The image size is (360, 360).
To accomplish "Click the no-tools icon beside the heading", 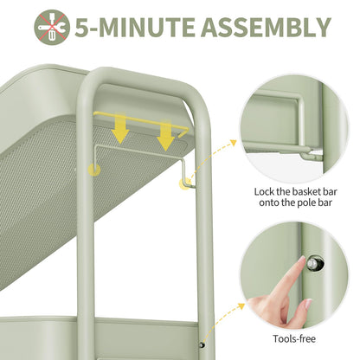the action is pos(52,28).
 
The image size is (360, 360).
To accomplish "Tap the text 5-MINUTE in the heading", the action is pos(135,28).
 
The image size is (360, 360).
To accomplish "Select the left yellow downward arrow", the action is pos(120,128).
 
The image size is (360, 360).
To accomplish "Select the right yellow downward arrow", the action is pos(165,134).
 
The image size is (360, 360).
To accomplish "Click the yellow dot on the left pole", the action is pos(94,170).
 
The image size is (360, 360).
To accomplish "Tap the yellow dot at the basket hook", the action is pos(184,183).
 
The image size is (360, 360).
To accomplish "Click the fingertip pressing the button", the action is pos(302,260).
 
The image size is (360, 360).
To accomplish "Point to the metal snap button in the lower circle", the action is pos(312,263).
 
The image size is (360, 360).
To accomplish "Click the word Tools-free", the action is pos(294,338).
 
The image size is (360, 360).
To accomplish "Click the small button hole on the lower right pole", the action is pos(202,344).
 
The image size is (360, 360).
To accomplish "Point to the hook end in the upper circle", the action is pos(312,157).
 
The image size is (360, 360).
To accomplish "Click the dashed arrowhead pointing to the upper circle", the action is pos(233,142).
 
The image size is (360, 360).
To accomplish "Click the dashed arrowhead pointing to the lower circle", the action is pos(241,306).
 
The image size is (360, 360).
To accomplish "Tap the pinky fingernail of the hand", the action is pos(308,303).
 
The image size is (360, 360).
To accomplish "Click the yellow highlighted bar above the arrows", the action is pos(141,122).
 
